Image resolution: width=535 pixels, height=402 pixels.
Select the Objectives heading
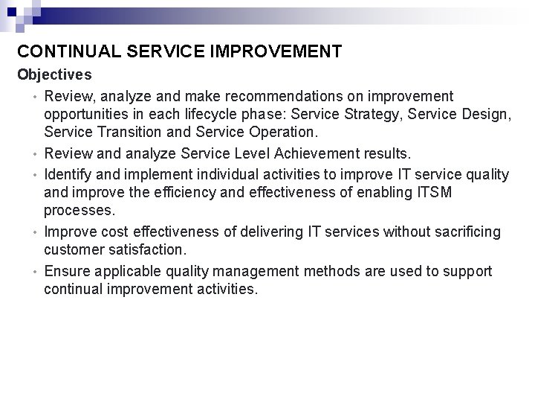pyautogui.click(x=54, y=75)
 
